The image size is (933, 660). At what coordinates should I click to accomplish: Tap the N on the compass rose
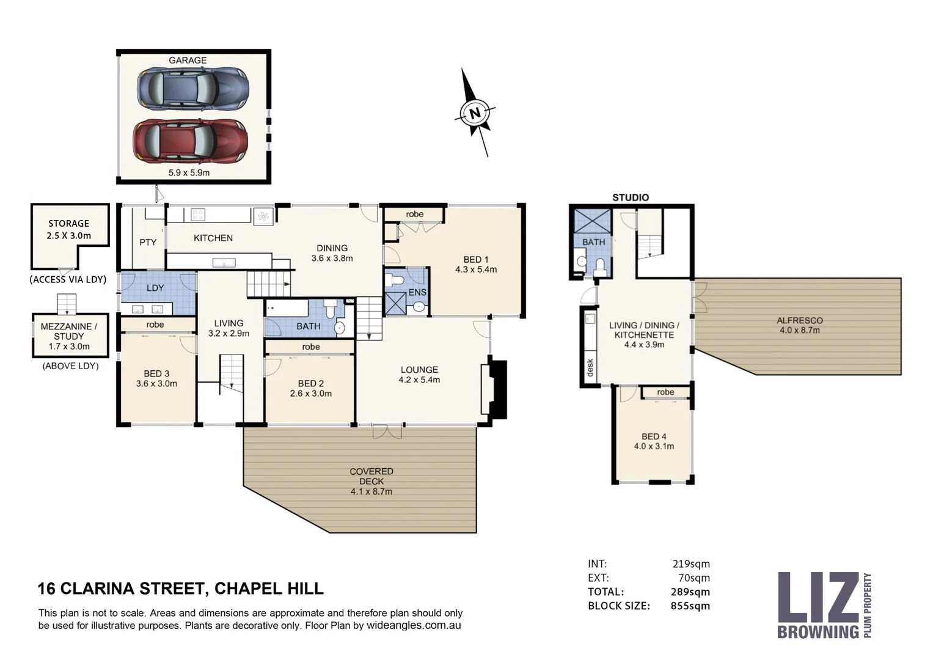pos(474,113)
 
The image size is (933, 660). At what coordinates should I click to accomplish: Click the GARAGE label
pos(188,61)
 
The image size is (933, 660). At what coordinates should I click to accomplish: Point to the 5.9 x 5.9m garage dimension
pos(189,173)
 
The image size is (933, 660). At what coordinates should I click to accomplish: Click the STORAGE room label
pos(68,224)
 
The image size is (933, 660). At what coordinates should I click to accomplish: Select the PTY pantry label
pos(148,242)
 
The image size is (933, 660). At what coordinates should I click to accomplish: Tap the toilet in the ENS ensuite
pos(397,280)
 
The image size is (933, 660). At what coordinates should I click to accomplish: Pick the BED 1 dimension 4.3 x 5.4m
pos(475,269)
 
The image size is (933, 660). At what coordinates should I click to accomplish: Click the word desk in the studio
pos(590,367)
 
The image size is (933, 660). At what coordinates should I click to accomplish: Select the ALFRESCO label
pos(799,320)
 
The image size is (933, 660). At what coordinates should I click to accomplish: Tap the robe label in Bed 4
pos(665,392)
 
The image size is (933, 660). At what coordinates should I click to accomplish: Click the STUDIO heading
pos(631,197)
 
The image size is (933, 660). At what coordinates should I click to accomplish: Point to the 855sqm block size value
pos(691,606)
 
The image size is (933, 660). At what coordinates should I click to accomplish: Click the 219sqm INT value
pos(691,564)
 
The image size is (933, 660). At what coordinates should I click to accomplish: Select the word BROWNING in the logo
pos(818,631)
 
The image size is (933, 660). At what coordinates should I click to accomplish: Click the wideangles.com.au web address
pos(414,626)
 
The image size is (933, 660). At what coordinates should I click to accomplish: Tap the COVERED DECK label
pos(371,476)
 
